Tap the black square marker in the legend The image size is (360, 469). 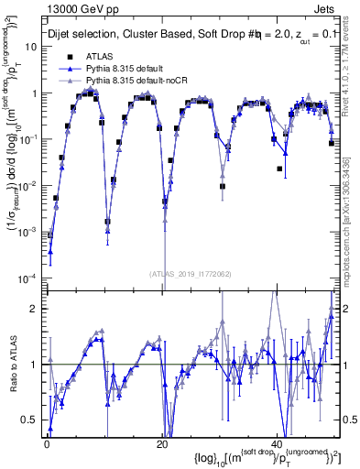(70, 57)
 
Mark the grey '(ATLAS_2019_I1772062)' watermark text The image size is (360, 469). (192, 273)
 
